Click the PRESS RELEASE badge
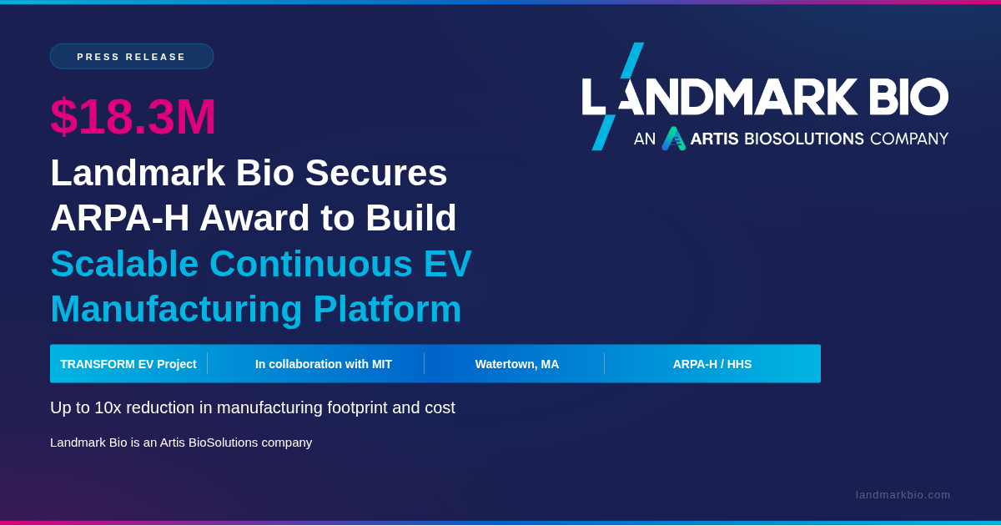pos(132,57)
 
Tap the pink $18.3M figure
pos(133,116)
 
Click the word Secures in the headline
pos(376,173)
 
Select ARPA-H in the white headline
pos(120,218)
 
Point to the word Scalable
pos(124,264)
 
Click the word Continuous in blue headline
pos(310,264)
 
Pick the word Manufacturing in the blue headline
pos(177,309)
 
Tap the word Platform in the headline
pos(387,309)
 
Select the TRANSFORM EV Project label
pos(128,364)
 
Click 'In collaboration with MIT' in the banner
pos(324,364)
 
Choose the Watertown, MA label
pos(517,365)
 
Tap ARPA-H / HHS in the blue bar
pos(712,364)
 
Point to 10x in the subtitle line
pos(108,407)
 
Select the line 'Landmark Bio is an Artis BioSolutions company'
pos(181,443)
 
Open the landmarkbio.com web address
pos(903,495)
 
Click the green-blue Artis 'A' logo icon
pos(673,139)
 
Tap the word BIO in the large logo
pos(908,96)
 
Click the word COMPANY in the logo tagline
pos(909,139)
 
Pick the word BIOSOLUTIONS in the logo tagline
pos(804,139)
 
